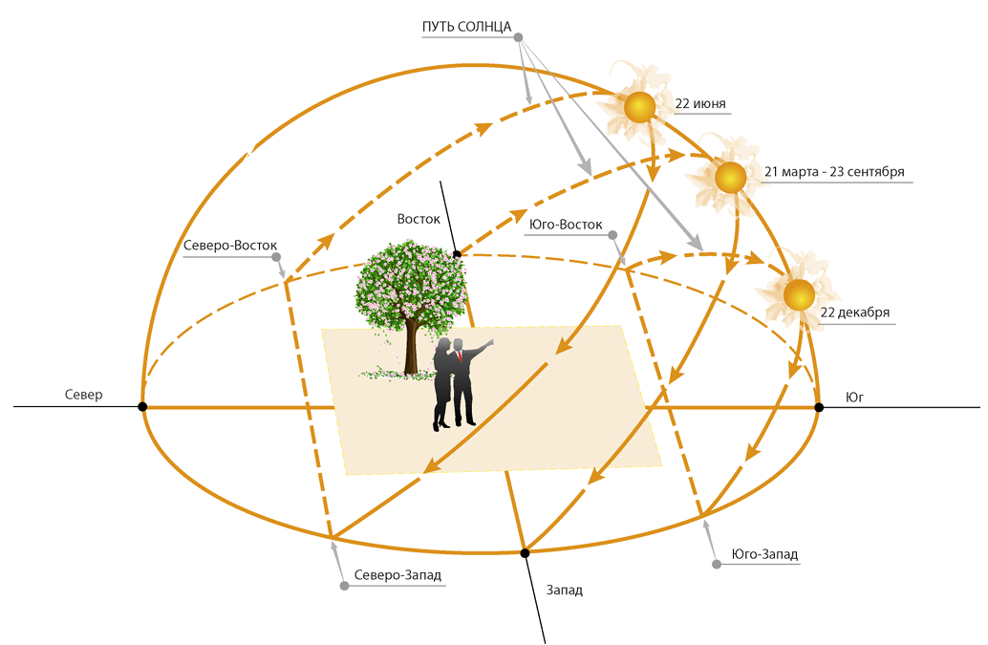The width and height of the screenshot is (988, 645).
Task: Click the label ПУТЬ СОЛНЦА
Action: point(467,27)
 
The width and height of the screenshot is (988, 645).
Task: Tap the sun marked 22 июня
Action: point(639,107)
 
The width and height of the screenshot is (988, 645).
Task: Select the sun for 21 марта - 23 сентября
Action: point(730,178)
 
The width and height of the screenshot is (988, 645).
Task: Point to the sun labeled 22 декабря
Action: point(799,294)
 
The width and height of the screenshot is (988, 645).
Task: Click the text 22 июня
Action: point(700,104)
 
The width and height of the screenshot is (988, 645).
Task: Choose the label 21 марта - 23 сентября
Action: point(834,172)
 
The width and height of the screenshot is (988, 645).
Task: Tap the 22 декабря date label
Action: point(854,312)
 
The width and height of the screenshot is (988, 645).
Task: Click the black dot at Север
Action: point(142,407)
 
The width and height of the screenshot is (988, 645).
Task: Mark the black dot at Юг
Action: point(819,407)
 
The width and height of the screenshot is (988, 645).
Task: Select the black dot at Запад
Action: point(525,553)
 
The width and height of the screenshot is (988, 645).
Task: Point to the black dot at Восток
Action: point(457,254)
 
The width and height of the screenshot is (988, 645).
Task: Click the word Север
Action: point(83,395)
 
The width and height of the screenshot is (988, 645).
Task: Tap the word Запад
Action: point(564,591)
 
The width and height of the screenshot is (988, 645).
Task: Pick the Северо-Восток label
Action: point(230,246)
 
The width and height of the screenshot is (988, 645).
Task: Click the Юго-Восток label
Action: point(566,225)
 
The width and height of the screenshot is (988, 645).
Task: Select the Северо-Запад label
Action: point(397,575)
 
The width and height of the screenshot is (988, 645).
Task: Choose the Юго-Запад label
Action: point(764,554)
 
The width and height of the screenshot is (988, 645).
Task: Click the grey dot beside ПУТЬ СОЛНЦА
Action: point(519,38)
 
